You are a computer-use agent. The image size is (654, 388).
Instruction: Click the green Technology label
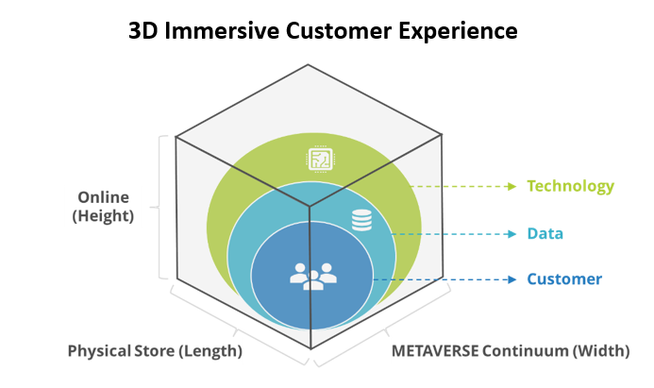pos(571,186)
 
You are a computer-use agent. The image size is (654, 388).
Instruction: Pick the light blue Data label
pos(545,233)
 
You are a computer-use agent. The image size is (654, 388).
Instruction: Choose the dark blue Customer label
pos(564,279)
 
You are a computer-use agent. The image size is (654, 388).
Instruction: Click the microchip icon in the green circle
pos(320,160)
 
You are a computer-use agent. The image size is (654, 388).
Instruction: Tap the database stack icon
pos(361,220)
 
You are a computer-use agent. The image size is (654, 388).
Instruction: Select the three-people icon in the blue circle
pos(312,277)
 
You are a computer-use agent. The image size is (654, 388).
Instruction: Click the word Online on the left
pos(104,198)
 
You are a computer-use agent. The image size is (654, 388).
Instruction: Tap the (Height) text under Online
pos(104,217)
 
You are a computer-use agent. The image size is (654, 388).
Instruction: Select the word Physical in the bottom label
pos(98,351)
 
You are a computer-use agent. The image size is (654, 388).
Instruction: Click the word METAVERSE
pos(433,351)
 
